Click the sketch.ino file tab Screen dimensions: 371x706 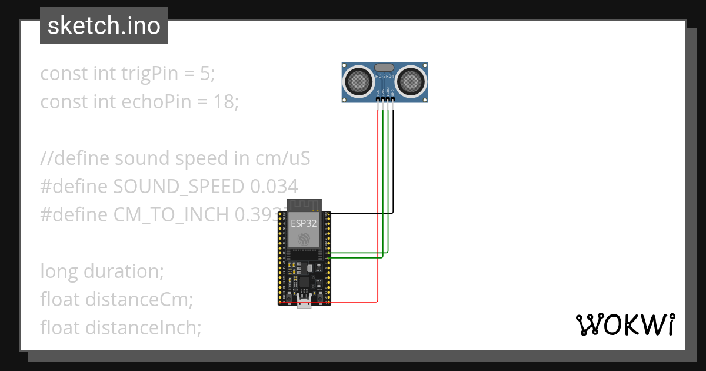click(x=104, y=26)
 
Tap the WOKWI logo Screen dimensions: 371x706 click(x=624, y=324)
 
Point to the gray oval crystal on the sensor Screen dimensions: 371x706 click(x=385, y=68)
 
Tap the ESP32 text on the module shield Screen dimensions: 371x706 click(x=304, y=223)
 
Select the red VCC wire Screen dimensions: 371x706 click(x=378, y=206)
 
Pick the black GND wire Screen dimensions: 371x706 click(x=393, y=165)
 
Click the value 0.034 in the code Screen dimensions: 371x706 click(x=274, y=187)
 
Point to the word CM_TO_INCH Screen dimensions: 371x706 click(x=171, y=215)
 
